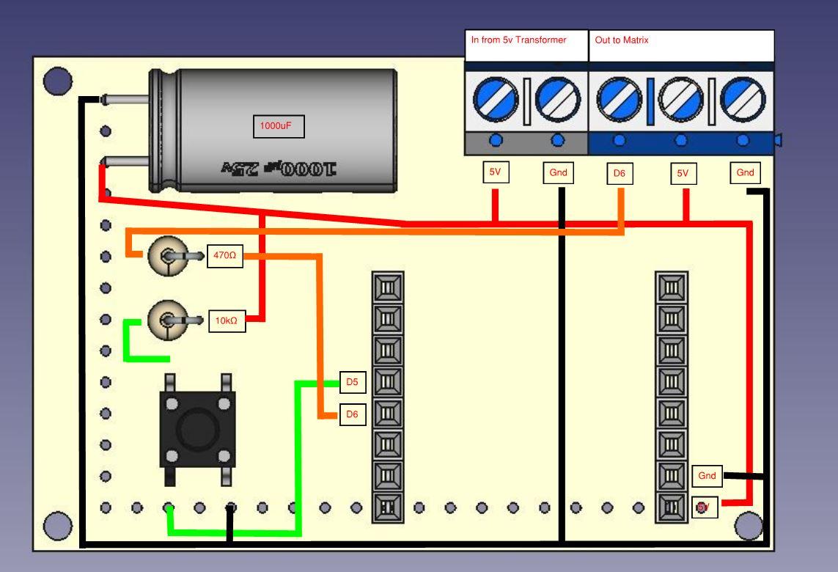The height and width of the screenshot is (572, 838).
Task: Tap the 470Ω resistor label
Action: coord(224,256)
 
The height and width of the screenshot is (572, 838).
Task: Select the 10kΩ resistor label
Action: coord(227,320)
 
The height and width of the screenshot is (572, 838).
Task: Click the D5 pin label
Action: coord(352,382)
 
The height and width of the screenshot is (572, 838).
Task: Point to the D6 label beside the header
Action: coord(352,414)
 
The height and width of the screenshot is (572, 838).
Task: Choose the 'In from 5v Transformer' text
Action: coord(518,40)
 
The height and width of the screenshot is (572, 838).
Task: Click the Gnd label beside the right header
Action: coord(707,476)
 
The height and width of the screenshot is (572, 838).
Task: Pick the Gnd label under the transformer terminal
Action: coord(556,174)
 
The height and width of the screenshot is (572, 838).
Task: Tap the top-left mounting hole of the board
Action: coord(57,81)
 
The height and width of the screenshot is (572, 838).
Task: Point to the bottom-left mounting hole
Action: coord(57,526)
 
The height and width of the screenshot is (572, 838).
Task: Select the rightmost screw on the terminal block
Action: coord(743,100)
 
